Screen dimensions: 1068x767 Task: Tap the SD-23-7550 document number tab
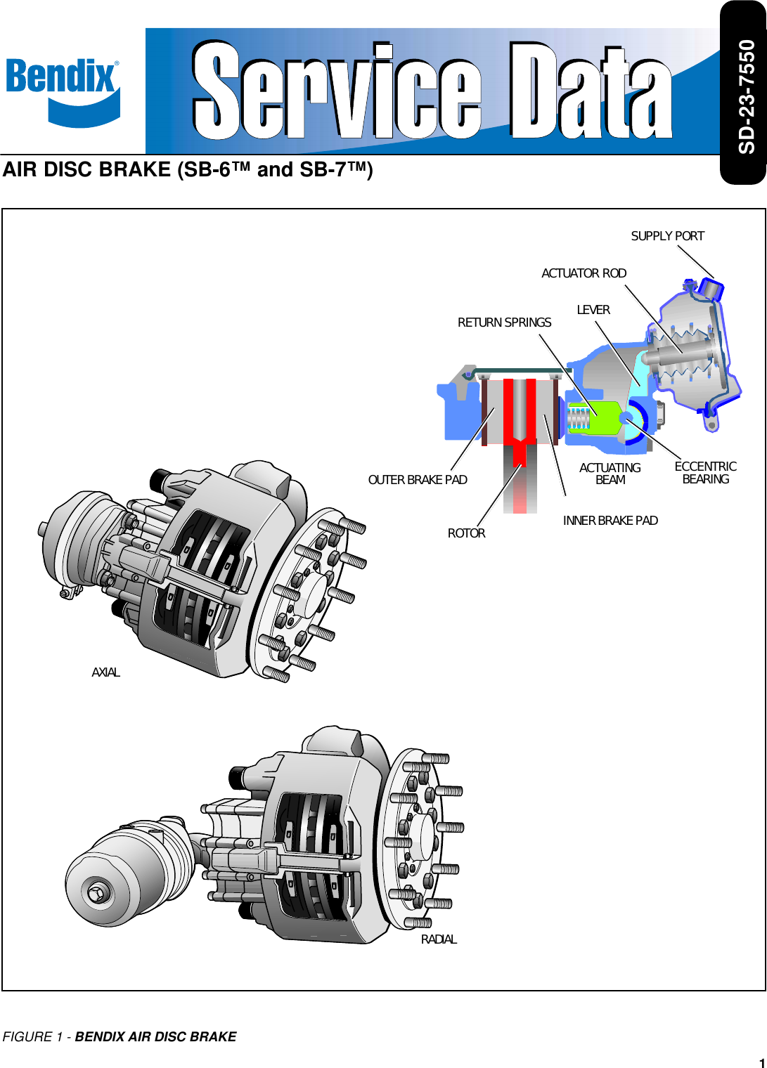tap(744, 95)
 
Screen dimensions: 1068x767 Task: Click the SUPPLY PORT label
tap(667, 236)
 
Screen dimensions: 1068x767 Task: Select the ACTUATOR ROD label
tap(584, 273)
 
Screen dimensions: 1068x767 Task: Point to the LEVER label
tap(593, 310)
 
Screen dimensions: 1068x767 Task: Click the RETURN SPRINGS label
tap(504, 323)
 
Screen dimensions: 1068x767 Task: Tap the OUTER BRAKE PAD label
tap(418, 480)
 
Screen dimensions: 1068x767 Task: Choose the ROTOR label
tap(466, 533)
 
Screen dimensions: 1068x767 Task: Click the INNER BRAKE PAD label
tap(610, 521)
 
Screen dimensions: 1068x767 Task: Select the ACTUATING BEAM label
tap(610, 474)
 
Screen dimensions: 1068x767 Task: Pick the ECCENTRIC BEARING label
tap(705, 473)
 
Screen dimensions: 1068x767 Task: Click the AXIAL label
tap(105, 672)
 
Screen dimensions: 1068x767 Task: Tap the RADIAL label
tap(439, 939)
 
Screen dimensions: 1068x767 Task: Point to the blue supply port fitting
tap(711, 289)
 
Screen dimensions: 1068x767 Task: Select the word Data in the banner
tap(591, 91)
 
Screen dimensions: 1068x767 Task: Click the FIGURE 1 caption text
tap(120, 1036)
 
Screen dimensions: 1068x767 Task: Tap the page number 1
tap(761, 1062)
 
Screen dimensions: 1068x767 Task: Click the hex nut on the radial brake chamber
tap(97, 893)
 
